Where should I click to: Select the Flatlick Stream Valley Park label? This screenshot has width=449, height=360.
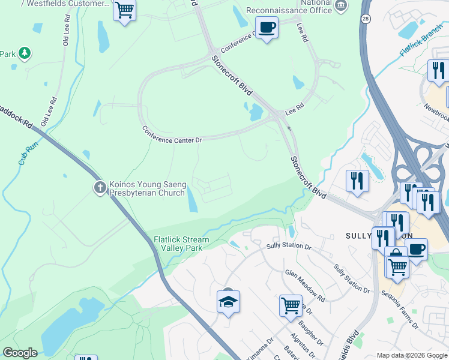(181, 244)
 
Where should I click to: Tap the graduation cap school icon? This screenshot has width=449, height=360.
(228, 302)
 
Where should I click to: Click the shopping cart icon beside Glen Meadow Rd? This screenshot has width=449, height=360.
(291, 305)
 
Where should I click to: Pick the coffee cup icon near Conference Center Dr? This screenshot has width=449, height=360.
(267, 28)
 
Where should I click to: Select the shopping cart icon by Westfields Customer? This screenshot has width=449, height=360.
(124, 10)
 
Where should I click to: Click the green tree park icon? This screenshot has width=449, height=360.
(25, 54)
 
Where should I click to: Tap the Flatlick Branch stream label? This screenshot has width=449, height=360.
(420, 43)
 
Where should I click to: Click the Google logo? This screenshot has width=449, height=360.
(20, 352)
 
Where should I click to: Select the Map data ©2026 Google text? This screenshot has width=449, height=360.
(411, 355)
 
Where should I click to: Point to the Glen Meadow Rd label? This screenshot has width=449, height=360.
(304, 285)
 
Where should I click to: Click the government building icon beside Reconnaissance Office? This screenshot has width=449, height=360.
(342, 6)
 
